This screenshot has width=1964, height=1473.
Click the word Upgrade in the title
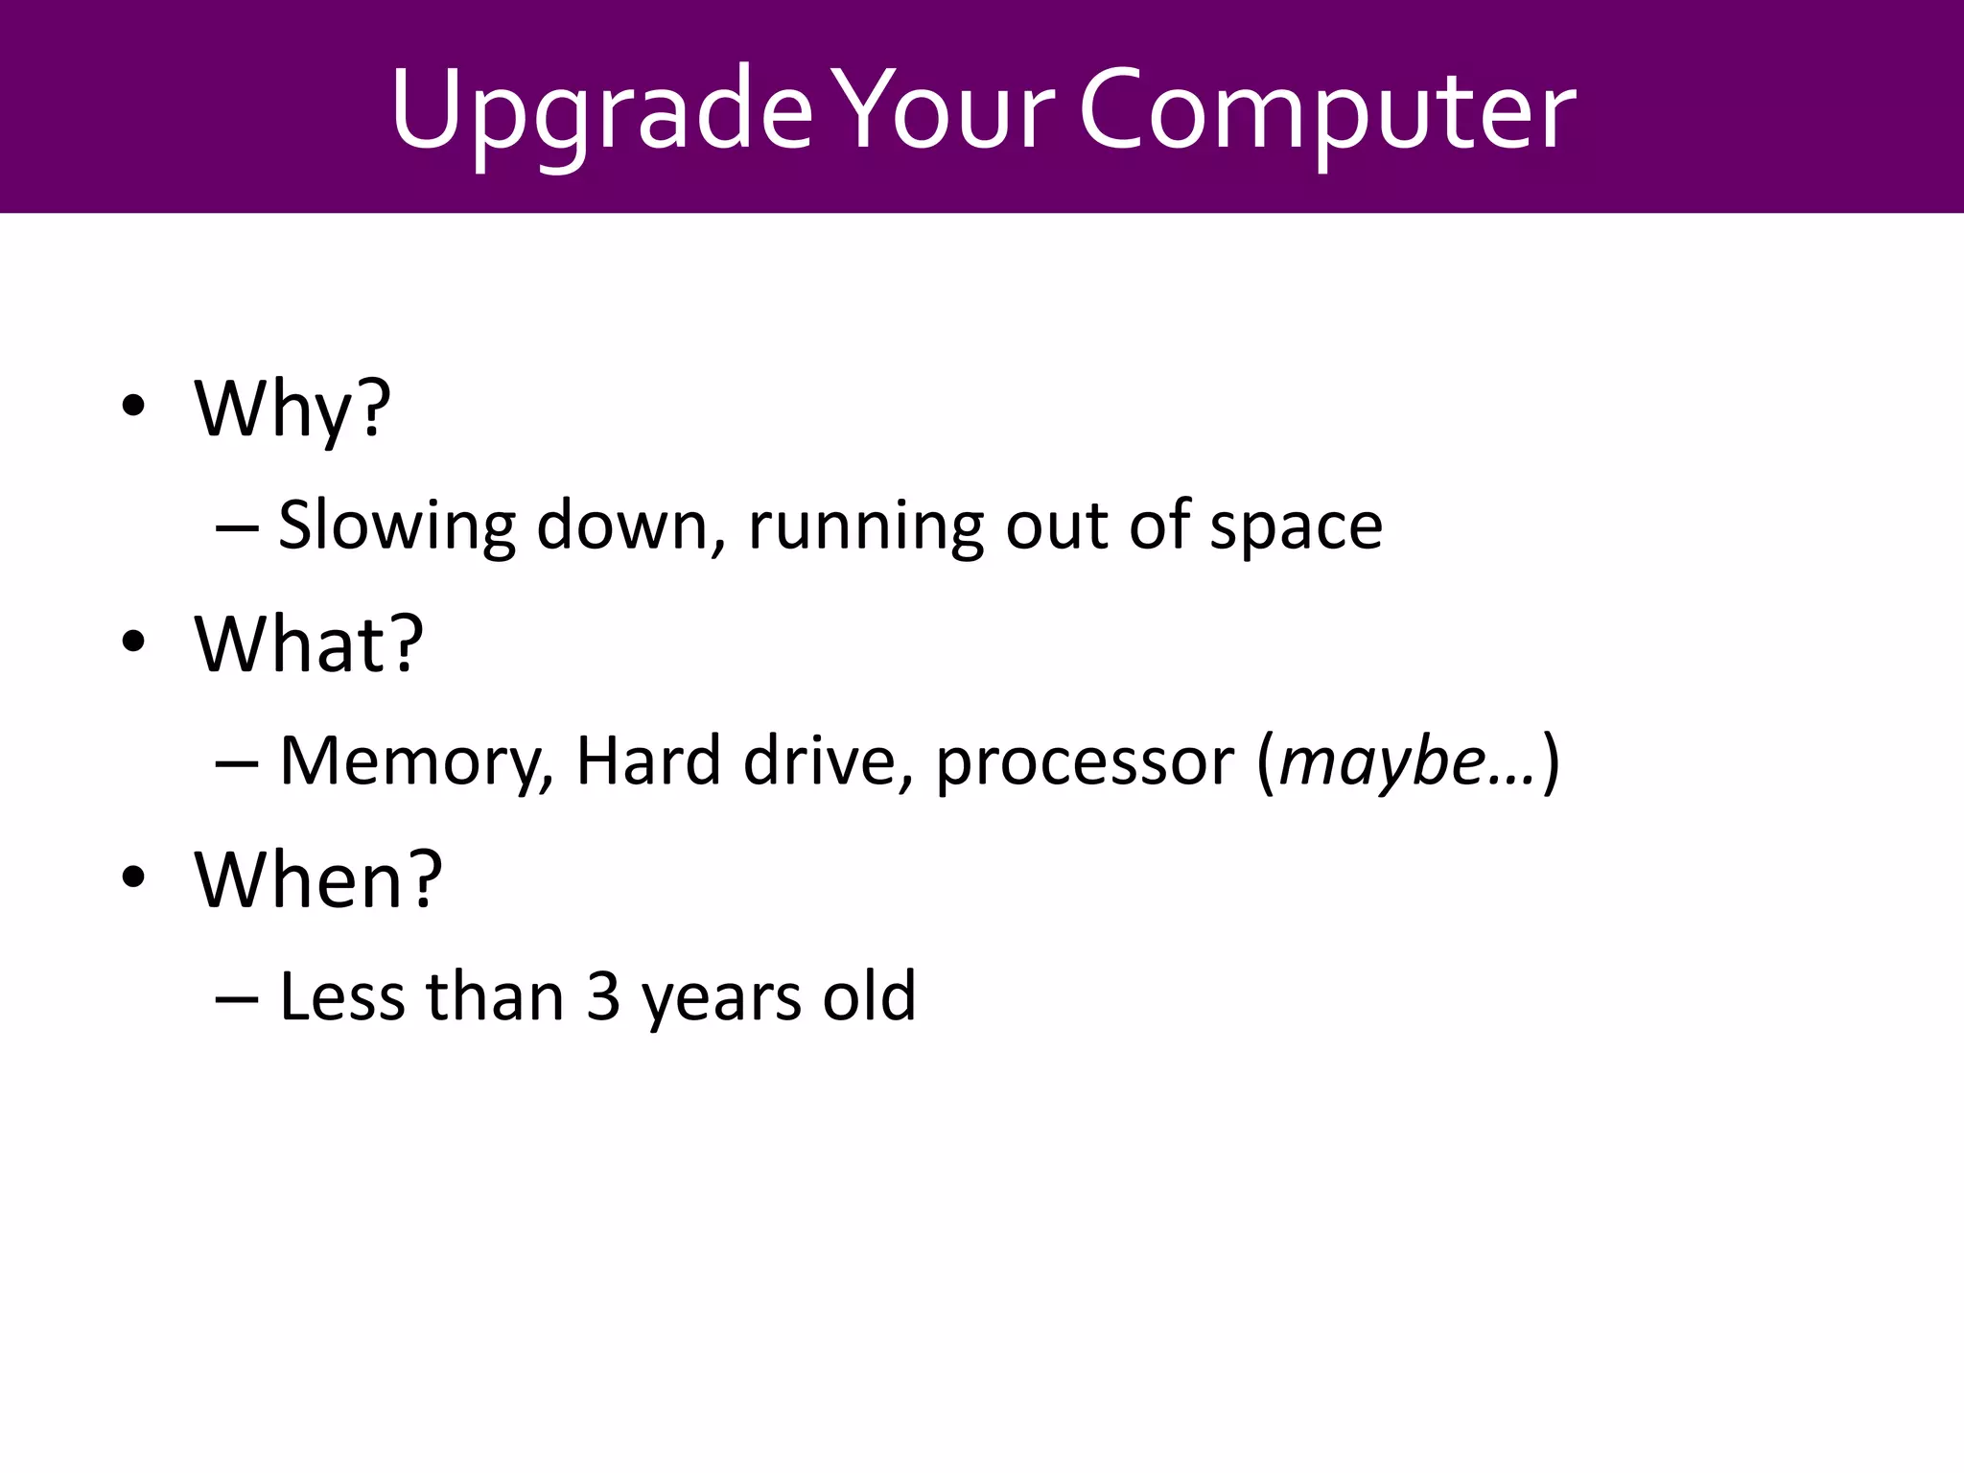pos(601,112)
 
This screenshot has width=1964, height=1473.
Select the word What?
pos(309,643)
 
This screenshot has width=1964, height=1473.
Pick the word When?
pos(318,879)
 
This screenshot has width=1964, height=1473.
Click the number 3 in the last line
pos(603,996)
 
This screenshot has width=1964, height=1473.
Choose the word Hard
pos(647,760)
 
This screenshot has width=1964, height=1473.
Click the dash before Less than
pos(237,998)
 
